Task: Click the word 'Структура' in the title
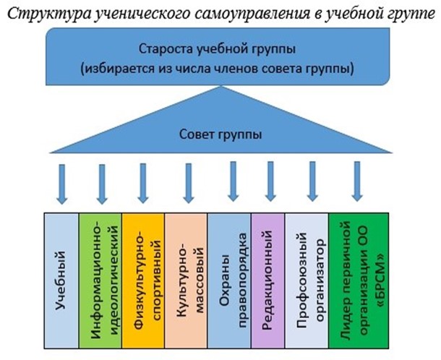49,14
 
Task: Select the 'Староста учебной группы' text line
217,49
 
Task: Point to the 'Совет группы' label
220,134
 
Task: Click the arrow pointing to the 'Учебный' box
62,184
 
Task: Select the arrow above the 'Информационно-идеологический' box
102,184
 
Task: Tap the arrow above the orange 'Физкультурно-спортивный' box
143,184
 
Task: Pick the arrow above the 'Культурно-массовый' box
189,184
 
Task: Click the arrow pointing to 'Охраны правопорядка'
233,181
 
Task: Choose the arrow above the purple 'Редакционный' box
270,181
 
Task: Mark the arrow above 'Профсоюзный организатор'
312,181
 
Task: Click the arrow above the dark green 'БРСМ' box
357,181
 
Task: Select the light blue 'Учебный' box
61,280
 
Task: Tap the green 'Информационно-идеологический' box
100,280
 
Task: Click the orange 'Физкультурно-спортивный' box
143,280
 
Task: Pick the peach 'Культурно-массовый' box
187,280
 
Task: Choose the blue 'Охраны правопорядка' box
229,280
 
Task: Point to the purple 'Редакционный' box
268,280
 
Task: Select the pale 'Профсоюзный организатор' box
307,280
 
